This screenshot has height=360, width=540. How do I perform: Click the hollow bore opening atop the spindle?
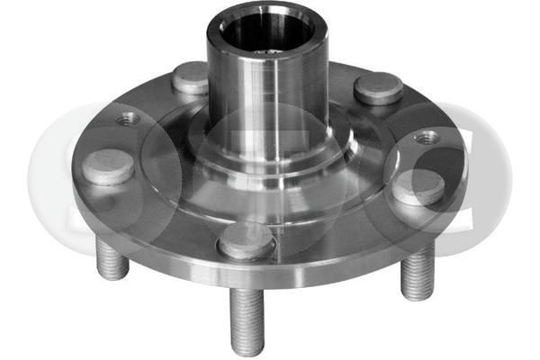(x=261, y=34)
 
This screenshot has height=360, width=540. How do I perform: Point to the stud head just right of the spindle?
(x=378, y=87)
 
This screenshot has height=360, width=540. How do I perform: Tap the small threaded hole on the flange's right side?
(x=427, y=138)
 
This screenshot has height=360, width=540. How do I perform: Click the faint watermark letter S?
(x=67, y=180)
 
